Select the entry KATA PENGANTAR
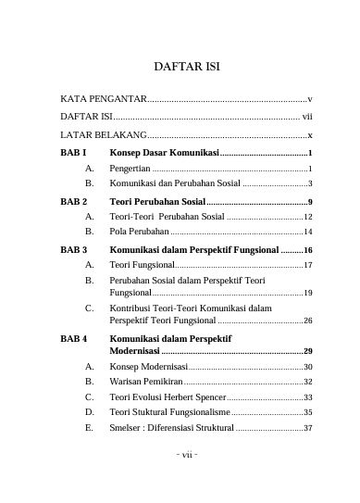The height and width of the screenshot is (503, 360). (x=103, y=98)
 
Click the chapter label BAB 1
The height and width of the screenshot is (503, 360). (x=73, y=152)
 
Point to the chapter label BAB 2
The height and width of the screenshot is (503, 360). (x=73, y=201)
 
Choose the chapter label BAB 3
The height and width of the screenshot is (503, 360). (x=73, y=250)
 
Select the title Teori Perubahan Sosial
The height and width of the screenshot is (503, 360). (x=157, y=201)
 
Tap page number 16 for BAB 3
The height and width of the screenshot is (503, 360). (x=308, y=250)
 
